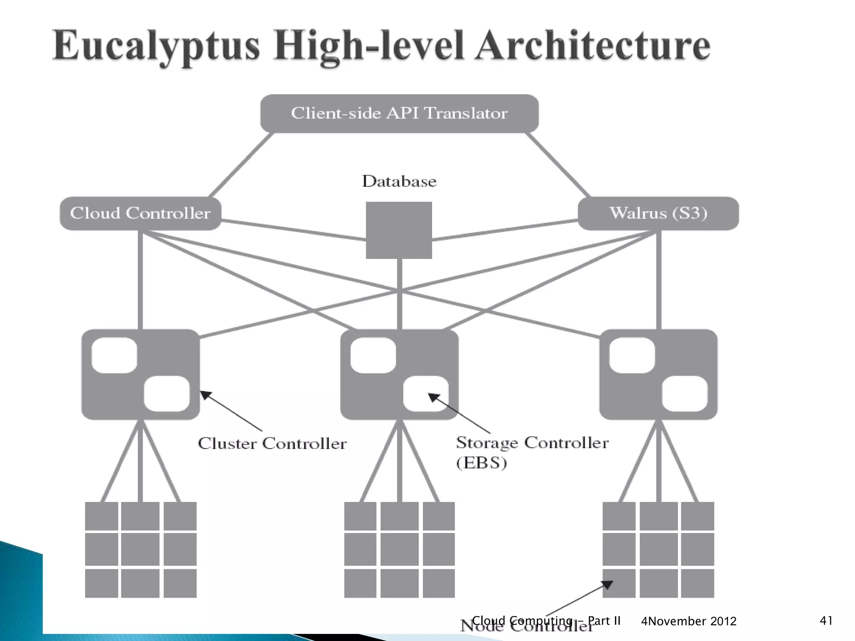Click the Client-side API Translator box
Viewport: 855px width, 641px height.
[399, 114]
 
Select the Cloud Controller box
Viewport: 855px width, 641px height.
[140, 213]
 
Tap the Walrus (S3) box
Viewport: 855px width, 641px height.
[658, 213]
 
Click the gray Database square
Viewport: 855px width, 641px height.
[399, 230]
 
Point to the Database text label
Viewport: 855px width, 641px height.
[399, 181]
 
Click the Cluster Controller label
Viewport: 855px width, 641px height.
[272, 443]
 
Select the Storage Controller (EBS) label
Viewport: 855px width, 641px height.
[531, 452]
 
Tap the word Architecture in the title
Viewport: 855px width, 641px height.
[593, 46]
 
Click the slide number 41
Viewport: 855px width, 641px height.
[826, 621]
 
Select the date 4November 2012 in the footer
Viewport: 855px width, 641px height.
[688, 621]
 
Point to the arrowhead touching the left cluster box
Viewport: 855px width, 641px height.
[205, 394]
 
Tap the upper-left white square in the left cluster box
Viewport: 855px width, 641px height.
[114, 355]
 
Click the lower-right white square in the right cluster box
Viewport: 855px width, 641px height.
[685, 394]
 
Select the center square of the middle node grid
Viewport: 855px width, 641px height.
[399, 549]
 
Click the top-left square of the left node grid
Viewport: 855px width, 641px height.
[101, 516]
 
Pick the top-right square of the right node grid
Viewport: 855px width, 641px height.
[697, 516]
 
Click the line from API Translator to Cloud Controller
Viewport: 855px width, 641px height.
[241, 165]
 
